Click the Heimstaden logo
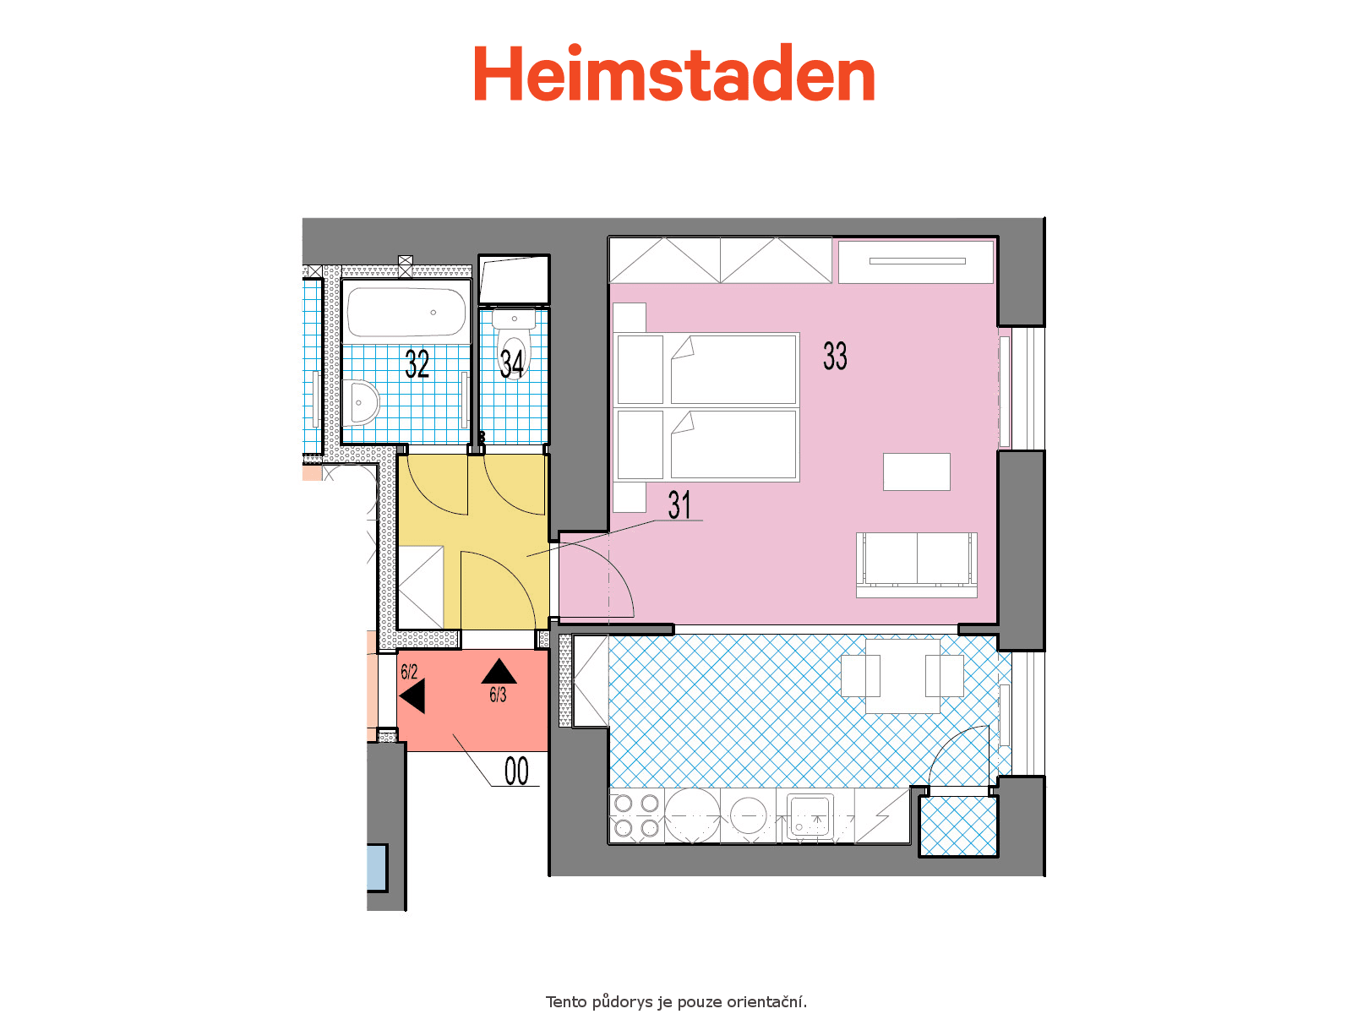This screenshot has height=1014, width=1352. click(x=673, y=72)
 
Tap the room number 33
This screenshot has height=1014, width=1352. click(x=835, y=356)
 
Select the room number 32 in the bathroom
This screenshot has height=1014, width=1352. click(x=417, y=363)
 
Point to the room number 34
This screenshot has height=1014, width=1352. click(x=512, y=363)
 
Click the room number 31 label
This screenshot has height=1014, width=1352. click(x=679, y=504)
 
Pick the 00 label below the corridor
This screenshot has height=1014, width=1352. click(x=516, y=771)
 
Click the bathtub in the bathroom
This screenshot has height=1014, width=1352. click(x=406, y=312)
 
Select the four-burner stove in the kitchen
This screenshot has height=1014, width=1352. click(x=636, y=815)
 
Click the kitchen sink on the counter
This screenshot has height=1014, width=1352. click(x=810, y=815)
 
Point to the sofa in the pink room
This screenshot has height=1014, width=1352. click(x=916, y=564)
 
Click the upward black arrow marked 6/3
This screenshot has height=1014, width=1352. click(x=499, y=671)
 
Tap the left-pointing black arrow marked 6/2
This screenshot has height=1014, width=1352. click(x=412, y=696)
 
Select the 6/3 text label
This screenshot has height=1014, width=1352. click(x=498, y=695)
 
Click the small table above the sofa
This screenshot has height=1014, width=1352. click(x=916, y=472)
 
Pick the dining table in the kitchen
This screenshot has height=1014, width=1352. click(x=902, y=676)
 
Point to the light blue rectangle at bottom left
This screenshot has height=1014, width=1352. click(x=376, y=868)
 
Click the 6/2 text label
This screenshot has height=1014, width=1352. click(x=409, y=671)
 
